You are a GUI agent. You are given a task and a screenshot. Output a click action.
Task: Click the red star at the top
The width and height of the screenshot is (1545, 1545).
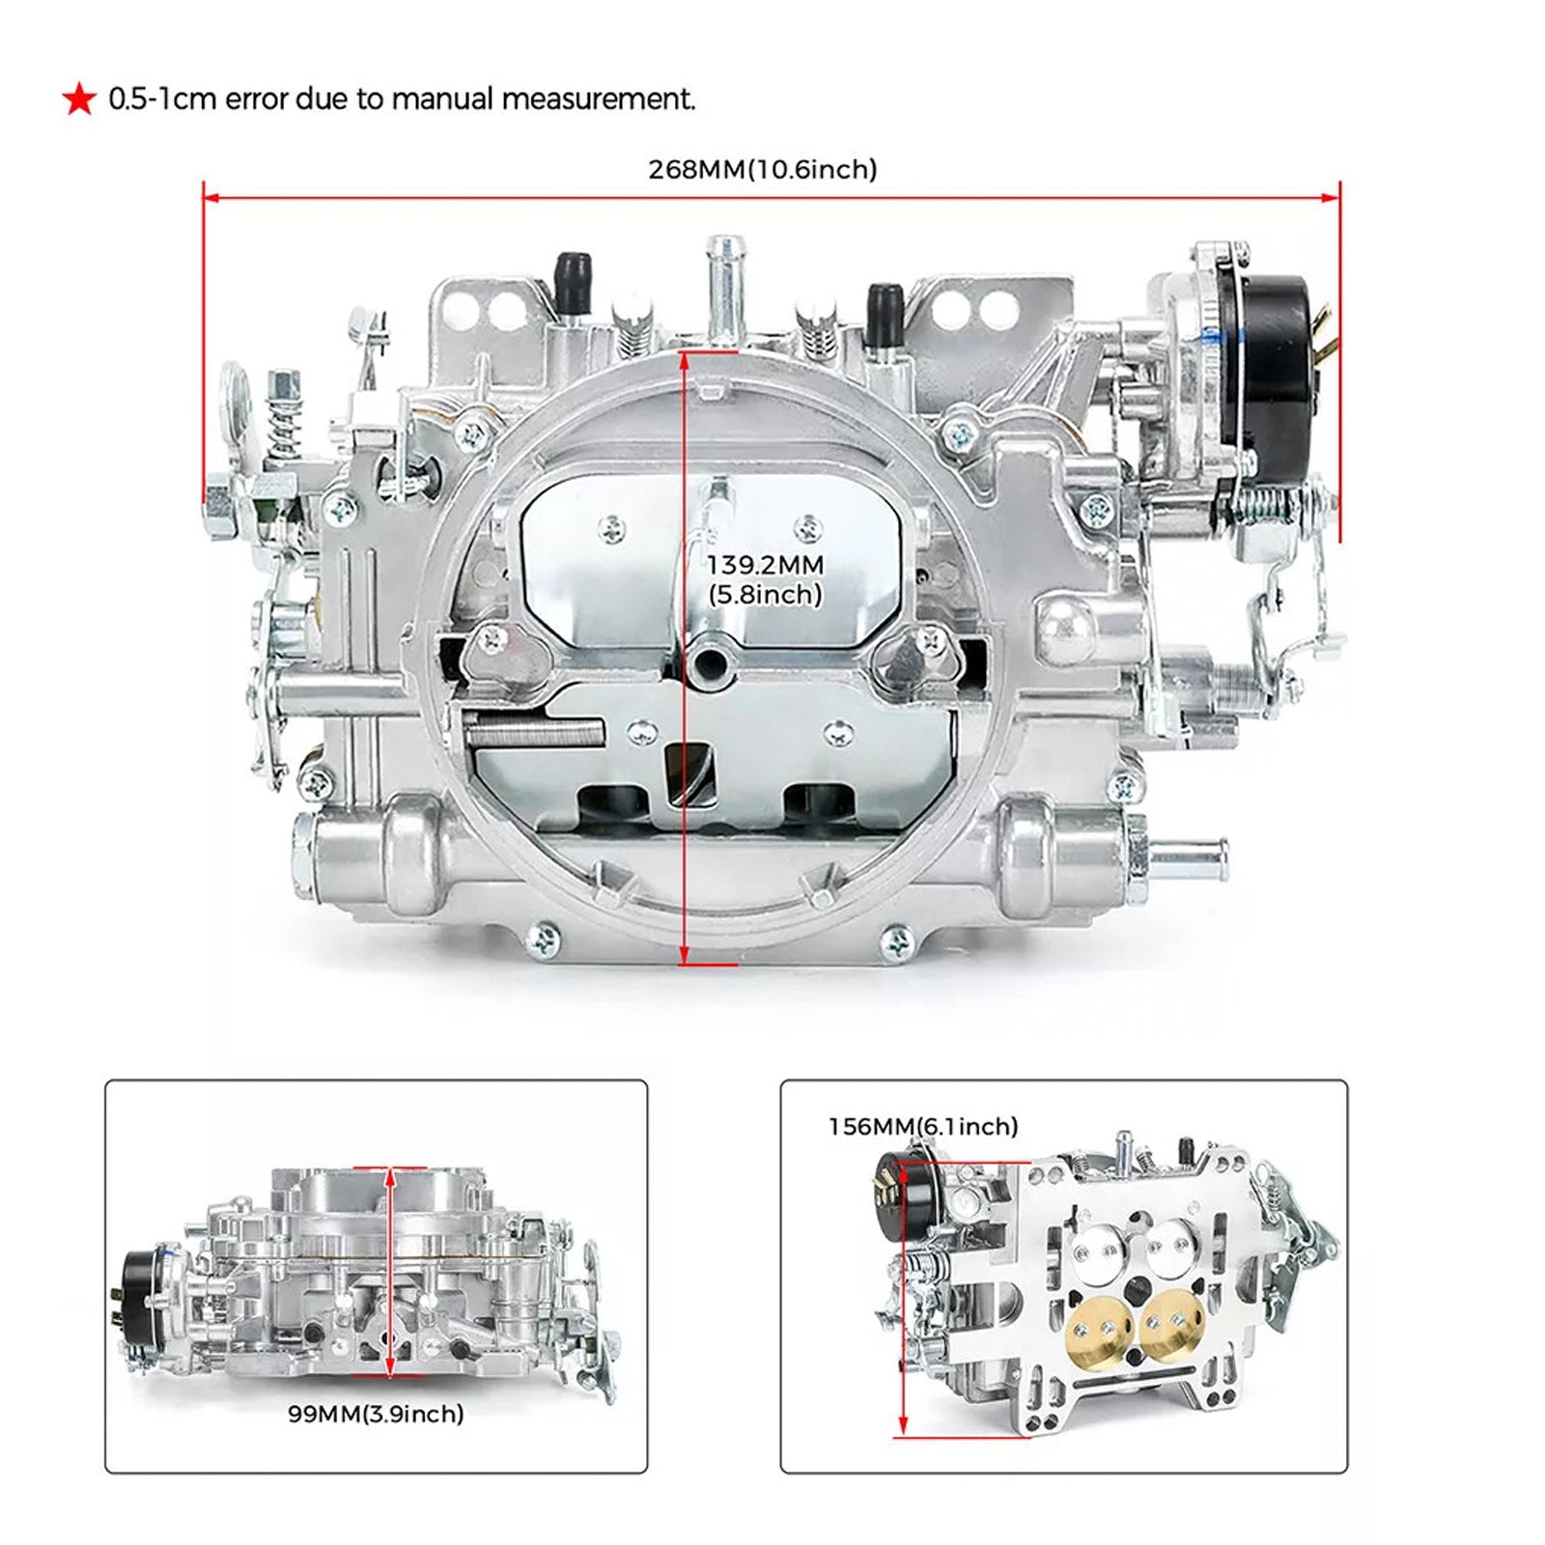79,98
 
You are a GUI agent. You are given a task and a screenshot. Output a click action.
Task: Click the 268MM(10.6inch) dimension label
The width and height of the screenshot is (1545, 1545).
762,170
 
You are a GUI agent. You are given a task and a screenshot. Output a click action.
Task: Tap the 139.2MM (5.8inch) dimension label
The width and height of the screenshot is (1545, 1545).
765,579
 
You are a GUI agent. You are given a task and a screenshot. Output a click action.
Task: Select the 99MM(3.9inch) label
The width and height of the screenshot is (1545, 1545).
376,1414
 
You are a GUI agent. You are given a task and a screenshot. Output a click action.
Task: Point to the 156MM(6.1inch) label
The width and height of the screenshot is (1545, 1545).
923,1126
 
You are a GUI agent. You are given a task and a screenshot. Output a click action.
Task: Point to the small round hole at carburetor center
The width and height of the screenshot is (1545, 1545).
711,661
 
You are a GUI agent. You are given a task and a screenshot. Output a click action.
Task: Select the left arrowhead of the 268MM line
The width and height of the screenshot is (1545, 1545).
210,198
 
